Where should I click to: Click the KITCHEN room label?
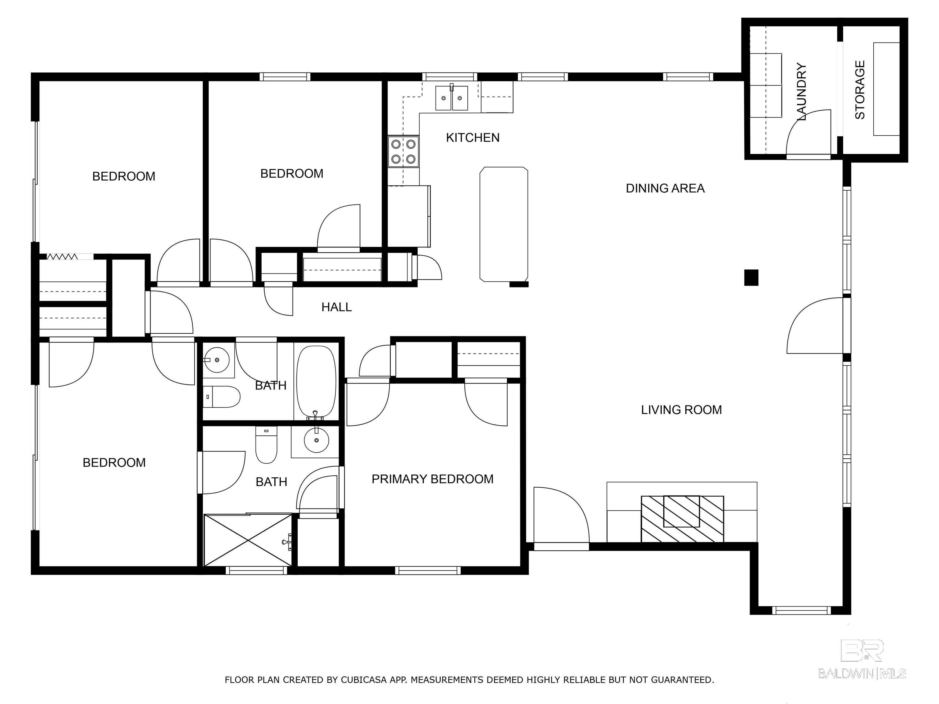473,137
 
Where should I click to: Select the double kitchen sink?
451,98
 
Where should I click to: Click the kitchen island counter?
504,224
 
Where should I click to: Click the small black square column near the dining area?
751,277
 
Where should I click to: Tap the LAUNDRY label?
801,91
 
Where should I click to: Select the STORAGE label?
860,90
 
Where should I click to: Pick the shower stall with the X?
248,540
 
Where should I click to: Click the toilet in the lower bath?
266,446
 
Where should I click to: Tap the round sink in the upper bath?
217,360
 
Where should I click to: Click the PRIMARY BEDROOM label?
432,479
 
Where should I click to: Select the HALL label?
336,307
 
